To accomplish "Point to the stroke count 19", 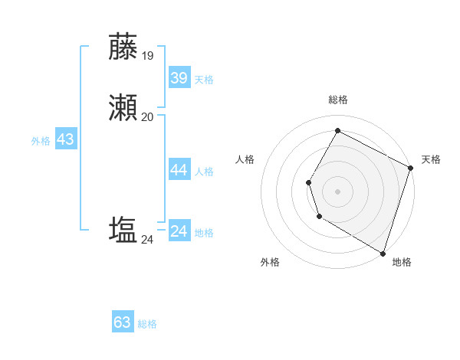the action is [x=147, y=55].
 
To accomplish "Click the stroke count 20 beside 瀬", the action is [x=147, y=116].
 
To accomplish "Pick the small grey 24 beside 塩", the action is [x=147, y=240].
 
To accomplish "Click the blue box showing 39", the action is [x=179, y=78].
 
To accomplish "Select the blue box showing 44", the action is [x=179, y=170].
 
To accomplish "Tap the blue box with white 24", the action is [x=179, y=231].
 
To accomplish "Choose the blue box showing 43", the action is [x=65, y=139].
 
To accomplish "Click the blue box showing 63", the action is [x=123, y=322].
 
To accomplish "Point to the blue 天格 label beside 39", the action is [x=204, y=80].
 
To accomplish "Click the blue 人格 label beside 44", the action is [x=204, y=172].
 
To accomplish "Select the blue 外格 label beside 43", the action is [x=41, y=141].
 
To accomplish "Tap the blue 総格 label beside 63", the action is [x=147, y=324].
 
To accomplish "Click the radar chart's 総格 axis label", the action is [x=337, y=100].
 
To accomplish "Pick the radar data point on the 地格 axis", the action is [x=383, y=253].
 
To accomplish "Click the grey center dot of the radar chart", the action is [x=337, y=191].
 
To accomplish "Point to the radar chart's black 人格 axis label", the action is [x=245, y=159].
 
